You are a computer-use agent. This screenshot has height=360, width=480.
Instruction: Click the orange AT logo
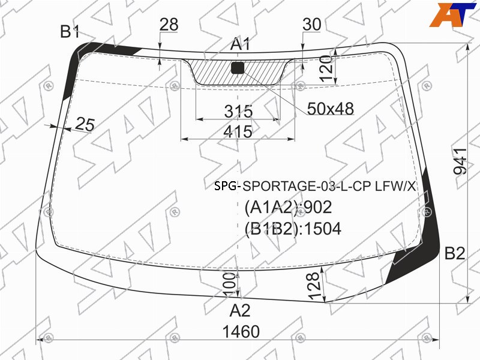pyautogui.click(x=452, y=14)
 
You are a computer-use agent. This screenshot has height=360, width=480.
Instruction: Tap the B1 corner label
pyautogui.click(x=70, y=31)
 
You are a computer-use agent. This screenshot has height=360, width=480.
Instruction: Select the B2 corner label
pyautogui.click(x=455, y=253)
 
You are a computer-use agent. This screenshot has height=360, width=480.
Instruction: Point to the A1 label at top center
pyautogui.click(x=241, y=44)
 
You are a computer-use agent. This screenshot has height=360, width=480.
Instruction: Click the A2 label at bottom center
pyautogui.click(x=240, y=310)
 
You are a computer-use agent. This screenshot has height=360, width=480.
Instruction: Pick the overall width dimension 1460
pyautogui.click(x=241, y=332)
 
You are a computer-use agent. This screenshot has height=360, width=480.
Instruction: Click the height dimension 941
pyautogui.click(x=460, y=161)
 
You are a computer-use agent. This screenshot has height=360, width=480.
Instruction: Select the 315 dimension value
pyautogui.click(x=238, y=111)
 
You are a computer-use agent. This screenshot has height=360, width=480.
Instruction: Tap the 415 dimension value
pyautogui.click(x=238, y=131)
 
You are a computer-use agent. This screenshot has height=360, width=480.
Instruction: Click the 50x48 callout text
pyautogui.click(x=331, y=109)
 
